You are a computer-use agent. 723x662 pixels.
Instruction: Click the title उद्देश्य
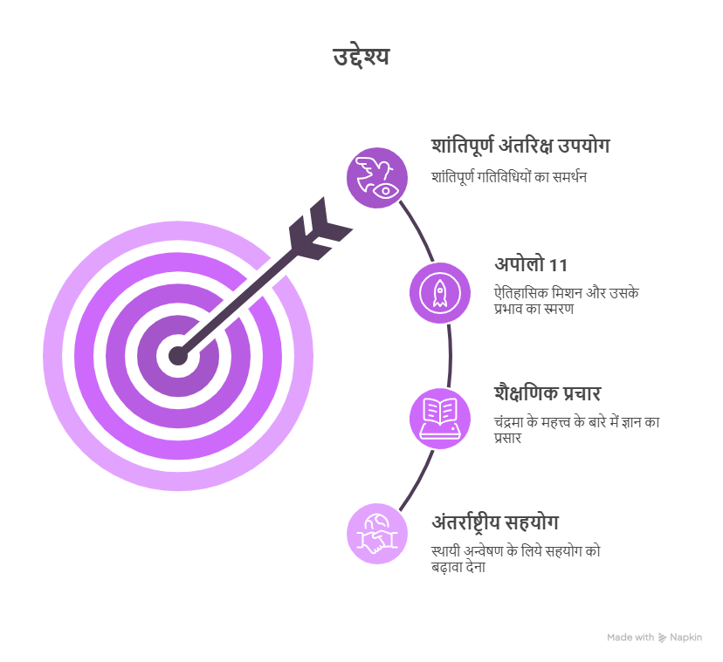(361, 57)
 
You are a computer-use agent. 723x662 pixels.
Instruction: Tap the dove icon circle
(377, 178)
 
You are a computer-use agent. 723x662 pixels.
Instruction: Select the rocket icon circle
(440, 293)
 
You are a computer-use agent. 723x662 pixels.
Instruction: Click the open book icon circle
(440, 419)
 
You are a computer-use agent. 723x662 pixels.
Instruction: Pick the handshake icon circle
(377, 534)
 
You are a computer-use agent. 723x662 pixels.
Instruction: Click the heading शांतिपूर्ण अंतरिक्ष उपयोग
(520, 146)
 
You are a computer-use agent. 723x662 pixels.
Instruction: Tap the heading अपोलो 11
(531, 265)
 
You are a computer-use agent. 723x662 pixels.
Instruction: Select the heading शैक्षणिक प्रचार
(547, 393)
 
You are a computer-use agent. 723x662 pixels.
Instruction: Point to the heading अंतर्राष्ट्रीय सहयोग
(495, 522)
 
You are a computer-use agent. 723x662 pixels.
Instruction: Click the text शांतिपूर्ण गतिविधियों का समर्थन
(509, 177)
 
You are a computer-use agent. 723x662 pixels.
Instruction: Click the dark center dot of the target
(178, 356)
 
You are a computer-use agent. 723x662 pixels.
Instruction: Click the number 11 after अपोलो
(558, 266)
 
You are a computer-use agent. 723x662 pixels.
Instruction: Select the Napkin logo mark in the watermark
(662, 638)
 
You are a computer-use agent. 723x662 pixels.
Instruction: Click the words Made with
(630, 638)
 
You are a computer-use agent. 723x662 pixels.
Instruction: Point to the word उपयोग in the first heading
(584, 146)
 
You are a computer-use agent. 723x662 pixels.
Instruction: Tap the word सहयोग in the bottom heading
(532, 522)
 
